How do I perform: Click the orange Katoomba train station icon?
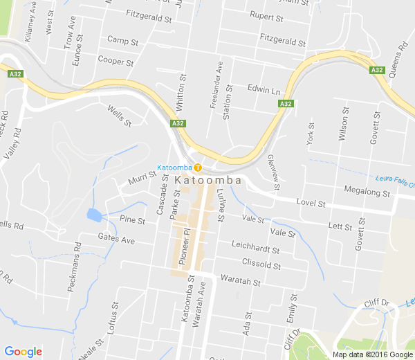(198, 167)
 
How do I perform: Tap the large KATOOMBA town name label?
(208, 180)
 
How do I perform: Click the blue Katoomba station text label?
(174, 168)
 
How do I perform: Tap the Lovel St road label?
(311, 204)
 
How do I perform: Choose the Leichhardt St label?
(256, 250)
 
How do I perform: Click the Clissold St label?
(261, 264)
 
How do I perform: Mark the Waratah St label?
(240, 282)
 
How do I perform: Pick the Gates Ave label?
(116, 239)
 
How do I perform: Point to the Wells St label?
(119, 115)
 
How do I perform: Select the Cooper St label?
(116, 62)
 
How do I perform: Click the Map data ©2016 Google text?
(372, 354)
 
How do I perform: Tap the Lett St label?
(340, 226)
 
